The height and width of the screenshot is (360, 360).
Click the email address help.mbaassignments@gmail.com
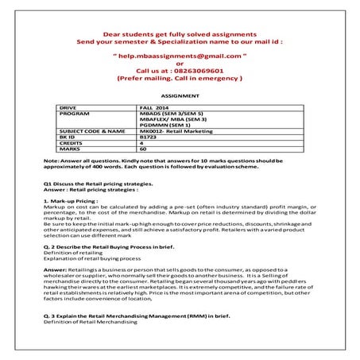tap(180, 57)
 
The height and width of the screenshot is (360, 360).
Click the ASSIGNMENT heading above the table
tap(179, 93)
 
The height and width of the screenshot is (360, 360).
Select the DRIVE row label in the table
tap(69, 106)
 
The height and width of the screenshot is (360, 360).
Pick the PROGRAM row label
tap(75, 114)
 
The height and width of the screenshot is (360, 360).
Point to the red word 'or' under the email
tap(180, 64)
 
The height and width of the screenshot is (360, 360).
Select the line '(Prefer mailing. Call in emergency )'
tap(180, 79)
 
